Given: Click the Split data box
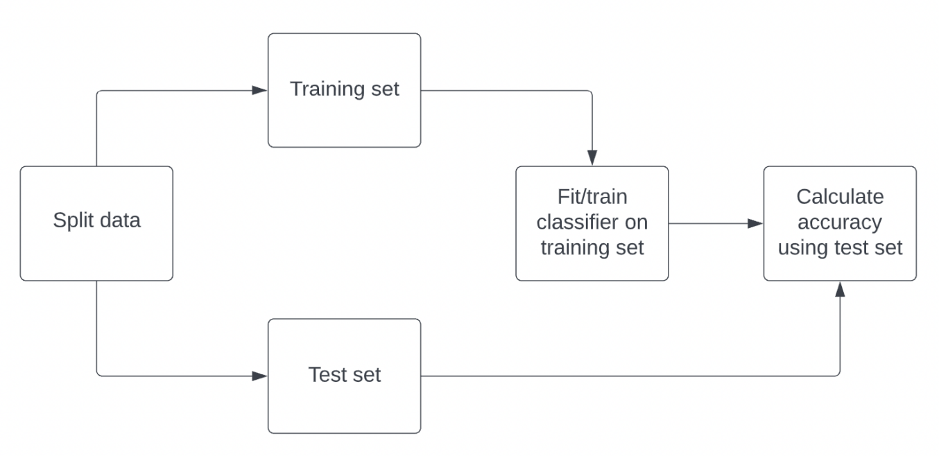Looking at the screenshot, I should tap(96, 223).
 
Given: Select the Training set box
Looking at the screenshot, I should tap(344, 90).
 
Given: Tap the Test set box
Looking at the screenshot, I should tap(344, 376).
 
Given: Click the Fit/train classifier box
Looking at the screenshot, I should tap(592, 223).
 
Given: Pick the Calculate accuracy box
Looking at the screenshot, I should tap(839, 223).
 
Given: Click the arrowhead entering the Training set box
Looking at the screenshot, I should tap(260, 90).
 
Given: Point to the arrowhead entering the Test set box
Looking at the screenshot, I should tap(260, 376).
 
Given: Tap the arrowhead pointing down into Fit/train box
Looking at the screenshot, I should tap(592, 157).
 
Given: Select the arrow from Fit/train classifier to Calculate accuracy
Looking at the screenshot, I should tap(714, 224).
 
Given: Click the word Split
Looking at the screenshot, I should tap(73, 220).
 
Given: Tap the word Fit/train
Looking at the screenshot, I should tap(592, 197).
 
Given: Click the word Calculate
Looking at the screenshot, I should tap(840, 197).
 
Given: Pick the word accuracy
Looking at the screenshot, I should tap(840, 223).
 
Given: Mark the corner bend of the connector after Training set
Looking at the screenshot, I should tap(592, 91).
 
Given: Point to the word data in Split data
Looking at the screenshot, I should tap(120, 220).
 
